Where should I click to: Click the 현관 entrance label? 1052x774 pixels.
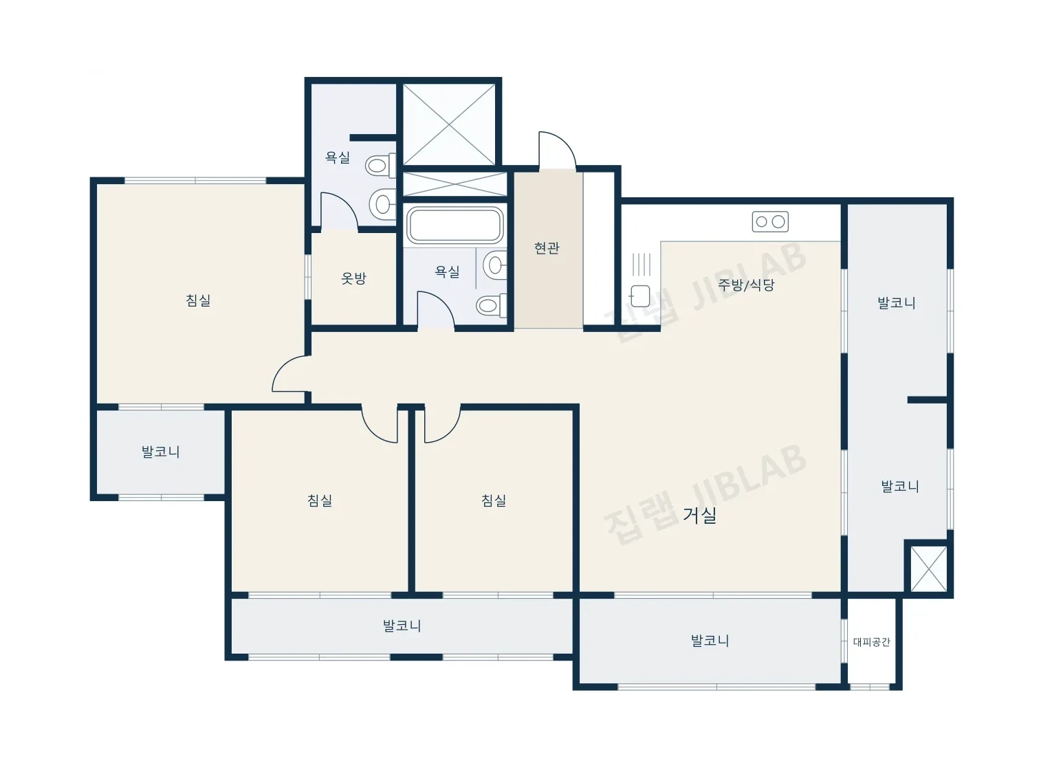tap(547, 248)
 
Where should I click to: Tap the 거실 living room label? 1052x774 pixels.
tap(699, 516)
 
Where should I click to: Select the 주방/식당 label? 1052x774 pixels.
tap(746, 285)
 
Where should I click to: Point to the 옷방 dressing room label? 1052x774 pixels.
tap(353, 278)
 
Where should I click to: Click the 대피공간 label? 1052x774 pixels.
tap(871, 641)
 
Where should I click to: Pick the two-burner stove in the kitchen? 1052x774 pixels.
tap(770, 221)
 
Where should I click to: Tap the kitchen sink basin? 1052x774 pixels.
tap(639, 296)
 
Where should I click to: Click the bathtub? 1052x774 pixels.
tap(454, 225)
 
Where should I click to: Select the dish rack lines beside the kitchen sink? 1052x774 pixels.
tap(642, 264)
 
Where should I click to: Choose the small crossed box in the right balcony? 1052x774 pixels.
tap(928, 568)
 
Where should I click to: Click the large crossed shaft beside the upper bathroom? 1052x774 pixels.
tap(449, 124)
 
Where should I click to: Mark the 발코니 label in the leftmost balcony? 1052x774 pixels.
tap(161, 452)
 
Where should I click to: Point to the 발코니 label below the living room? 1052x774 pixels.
tap(710, 641)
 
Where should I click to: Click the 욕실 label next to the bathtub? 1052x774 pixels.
tap(447, 272)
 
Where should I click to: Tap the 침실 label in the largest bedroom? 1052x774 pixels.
tap(198, 300)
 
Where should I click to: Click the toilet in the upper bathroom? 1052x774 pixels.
tap(380, 165)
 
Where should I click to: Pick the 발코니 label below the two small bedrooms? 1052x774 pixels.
tap(402, 626)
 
